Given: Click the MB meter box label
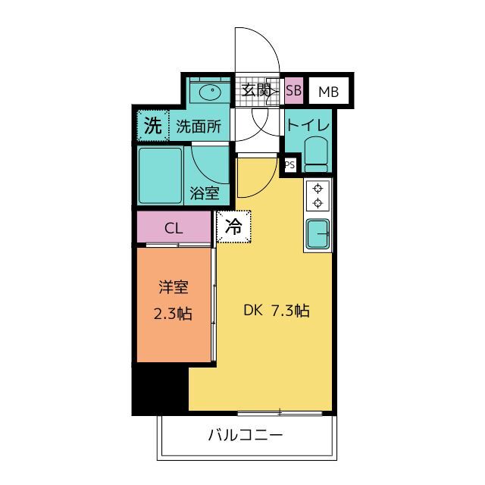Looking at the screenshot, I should tap(328, 92).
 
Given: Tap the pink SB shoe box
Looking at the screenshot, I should tap(294, 92).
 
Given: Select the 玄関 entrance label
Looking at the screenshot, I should tap(257, 91).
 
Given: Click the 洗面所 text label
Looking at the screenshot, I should tap(198, 127).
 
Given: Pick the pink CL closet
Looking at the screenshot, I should tap(174, 227).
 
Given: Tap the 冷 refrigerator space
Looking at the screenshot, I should tap(234, 227).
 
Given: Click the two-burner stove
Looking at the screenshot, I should tap(318, 196).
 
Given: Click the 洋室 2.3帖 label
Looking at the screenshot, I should tap(174, 300).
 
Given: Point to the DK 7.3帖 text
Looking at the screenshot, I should tap(275, 310).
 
